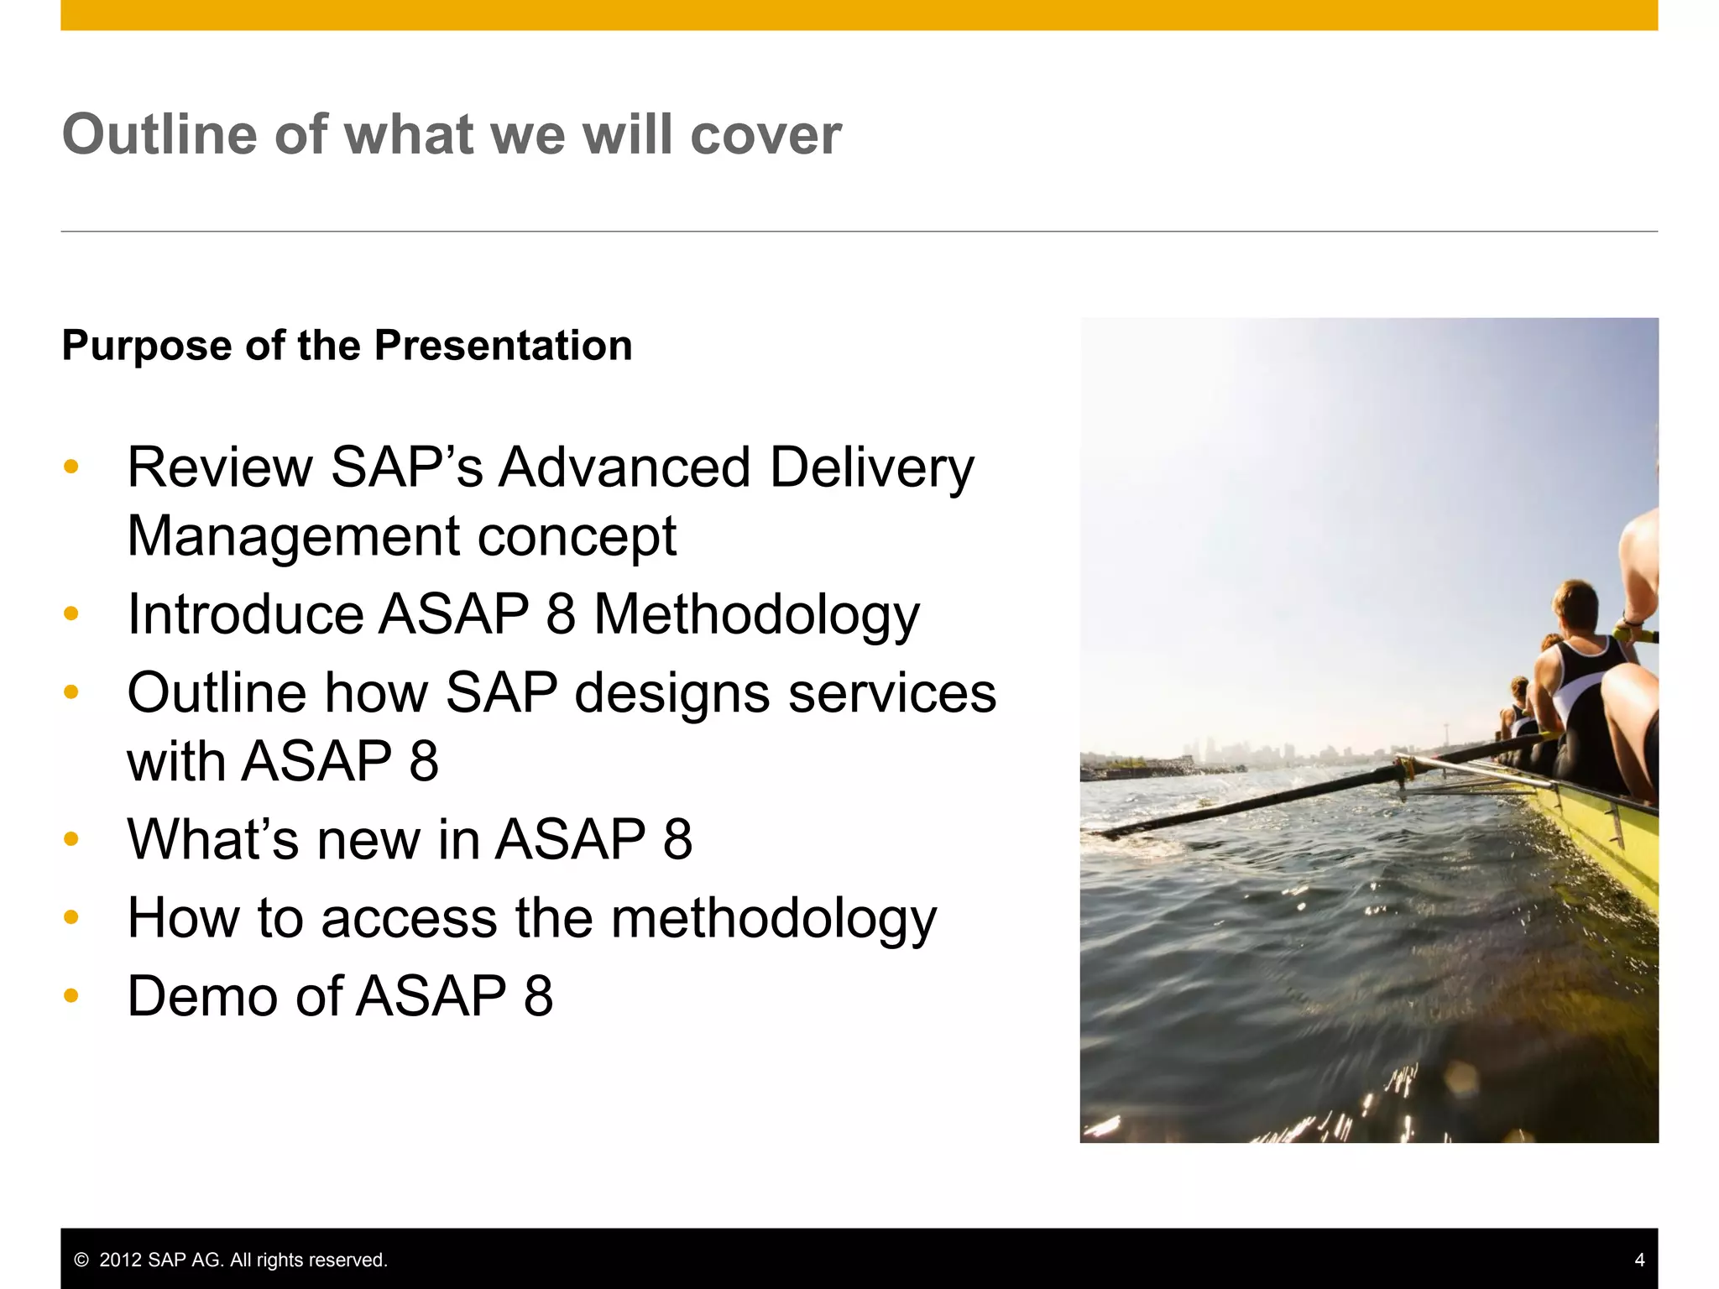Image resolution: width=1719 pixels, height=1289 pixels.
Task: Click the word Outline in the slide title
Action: [x=159, y=134]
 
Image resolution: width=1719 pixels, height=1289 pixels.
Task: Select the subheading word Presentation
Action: [x=503, y=346]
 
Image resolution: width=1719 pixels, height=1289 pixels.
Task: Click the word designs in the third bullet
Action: [x=671, y=693]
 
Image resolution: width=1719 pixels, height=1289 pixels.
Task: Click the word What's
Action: [x=212, y=839]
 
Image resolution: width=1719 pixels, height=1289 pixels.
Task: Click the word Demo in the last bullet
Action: [x=202, y=996]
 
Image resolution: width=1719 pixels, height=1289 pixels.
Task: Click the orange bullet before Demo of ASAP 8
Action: [x=71, y=996]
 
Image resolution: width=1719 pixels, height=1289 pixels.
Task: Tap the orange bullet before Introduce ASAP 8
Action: [x=71, y=614]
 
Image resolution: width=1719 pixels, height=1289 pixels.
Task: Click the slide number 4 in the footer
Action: [x=1639, y=1260]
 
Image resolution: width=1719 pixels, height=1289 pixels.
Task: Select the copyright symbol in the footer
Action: [x=81, y=1260]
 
